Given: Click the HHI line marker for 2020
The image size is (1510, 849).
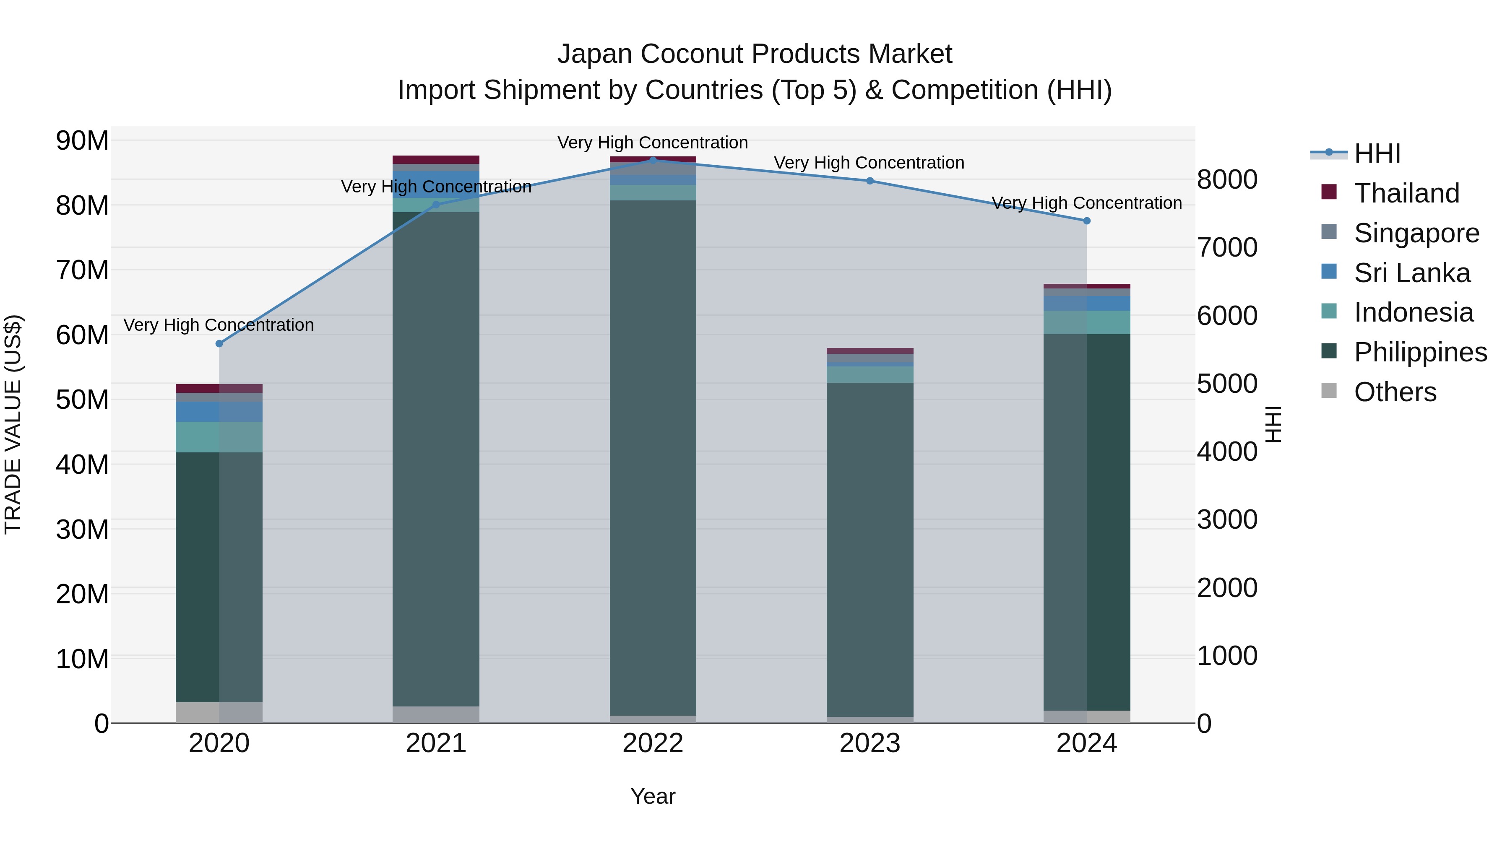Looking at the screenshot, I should pos(219,344).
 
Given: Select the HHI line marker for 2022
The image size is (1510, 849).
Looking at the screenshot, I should pos(653,161).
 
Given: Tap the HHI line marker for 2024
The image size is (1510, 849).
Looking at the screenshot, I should pos(1087,221).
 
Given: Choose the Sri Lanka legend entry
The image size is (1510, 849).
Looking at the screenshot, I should pos(1411,273).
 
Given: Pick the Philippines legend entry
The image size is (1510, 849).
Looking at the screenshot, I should pos(1420,353).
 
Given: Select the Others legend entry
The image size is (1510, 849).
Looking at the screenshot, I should pos(1395,392).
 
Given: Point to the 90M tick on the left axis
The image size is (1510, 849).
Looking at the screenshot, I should pos(82,140).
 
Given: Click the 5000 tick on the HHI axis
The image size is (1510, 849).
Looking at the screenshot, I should pos(1227,384).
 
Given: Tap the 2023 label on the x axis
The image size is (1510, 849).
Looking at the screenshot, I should pos(870,743).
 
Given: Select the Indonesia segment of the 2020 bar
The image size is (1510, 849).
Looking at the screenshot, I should pos(219,437).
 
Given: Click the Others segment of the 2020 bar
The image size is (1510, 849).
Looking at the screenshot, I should pos(219,712).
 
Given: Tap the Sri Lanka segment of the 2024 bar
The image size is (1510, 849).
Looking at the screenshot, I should pos(1087,304).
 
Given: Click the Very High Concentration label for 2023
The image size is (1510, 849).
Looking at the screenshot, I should pos(869,163).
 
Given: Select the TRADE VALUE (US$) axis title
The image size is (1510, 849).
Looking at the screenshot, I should pos(13,424).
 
